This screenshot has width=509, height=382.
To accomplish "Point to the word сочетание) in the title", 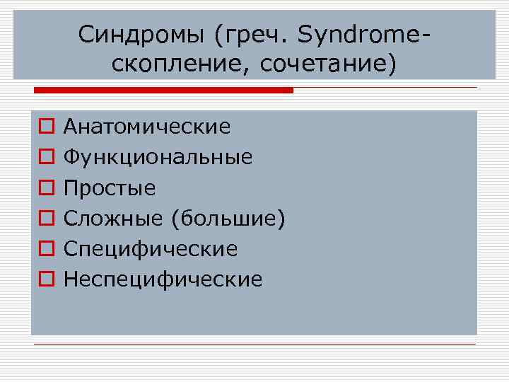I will click(329, 64).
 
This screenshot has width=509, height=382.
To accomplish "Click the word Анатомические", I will click(147, 127).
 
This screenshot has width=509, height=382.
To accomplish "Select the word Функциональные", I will click(158, 157).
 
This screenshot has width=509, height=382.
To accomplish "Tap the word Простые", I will click(110, 187).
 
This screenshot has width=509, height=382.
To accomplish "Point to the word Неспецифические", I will click(163, 279).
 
